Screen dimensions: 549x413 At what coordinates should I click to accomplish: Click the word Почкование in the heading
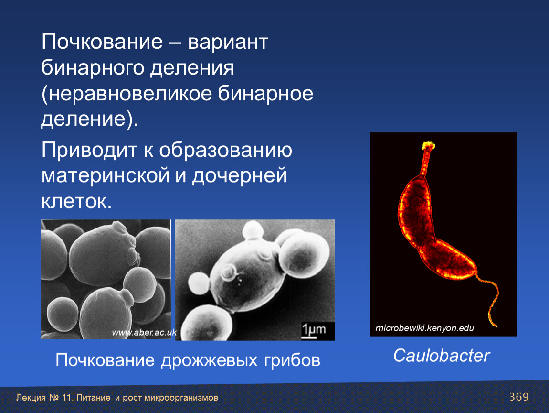102,42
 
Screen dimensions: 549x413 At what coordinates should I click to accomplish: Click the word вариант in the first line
228,43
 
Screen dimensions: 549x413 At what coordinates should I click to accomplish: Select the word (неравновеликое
127,94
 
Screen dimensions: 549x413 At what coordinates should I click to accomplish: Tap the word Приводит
89,150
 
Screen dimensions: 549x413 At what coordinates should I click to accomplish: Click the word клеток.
76,201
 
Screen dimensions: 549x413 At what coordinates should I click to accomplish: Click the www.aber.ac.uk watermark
144,332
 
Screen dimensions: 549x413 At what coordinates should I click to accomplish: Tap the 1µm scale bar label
314,329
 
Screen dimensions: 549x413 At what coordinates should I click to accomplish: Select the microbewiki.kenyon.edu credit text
424,328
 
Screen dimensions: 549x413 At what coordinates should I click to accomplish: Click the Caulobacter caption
441,356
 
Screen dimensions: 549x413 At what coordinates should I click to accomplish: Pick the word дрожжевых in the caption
210,360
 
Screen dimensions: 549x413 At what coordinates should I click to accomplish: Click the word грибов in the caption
292,360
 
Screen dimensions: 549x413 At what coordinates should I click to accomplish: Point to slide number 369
519,397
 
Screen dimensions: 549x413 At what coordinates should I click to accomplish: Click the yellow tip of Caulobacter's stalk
428,145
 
